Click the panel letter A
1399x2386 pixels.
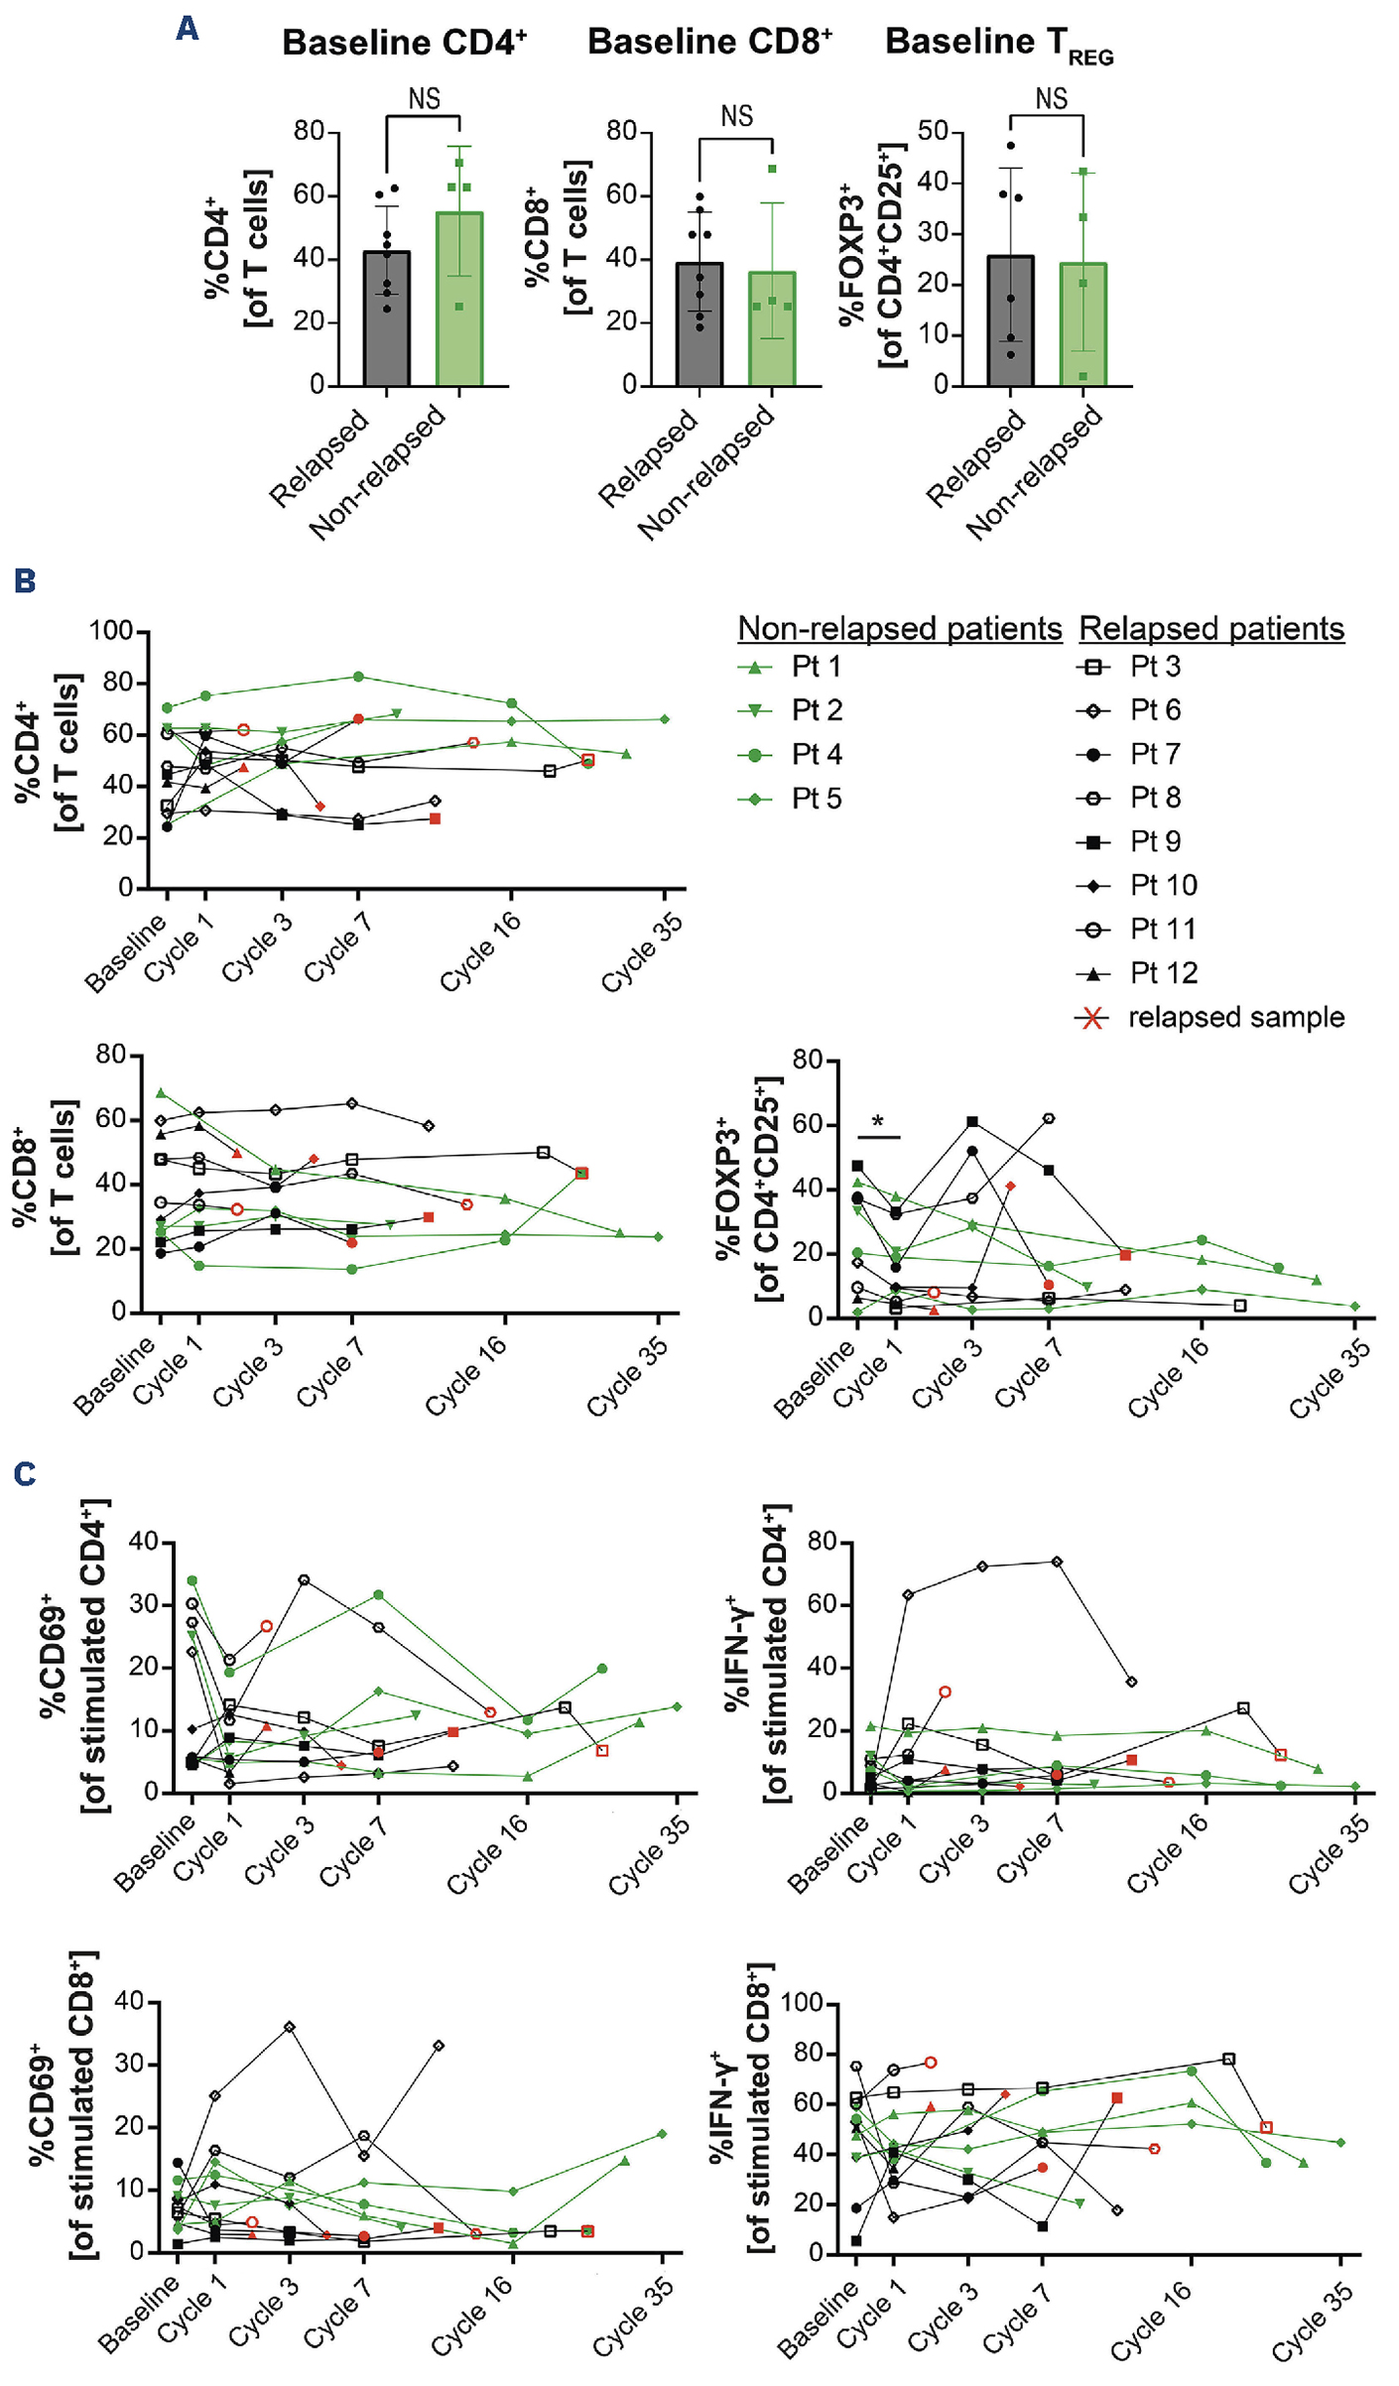(x=187, y=28)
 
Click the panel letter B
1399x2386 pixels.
(x=25, y=580)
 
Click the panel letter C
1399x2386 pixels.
(x=25, y=1474)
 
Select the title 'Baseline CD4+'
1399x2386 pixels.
(x=404, y=43)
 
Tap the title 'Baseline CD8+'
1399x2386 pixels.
(x=709, y=42)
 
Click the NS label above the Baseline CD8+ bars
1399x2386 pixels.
(x=736, y=116)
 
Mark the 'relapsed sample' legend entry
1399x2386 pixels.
(x=1210, y=1018)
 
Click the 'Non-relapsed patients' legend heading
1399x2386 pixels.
(x=899, y=628)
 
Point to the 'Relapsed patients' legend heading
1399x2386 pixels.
(x=1211, y=628)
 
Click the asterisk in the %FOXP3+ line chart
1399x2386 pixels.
(x=878, y=1122)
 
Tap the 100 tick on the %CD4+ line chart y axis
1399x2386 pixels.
(x=111, y=631)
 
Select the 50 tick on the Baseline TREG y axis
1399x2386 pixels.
(x=933, y=131)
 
